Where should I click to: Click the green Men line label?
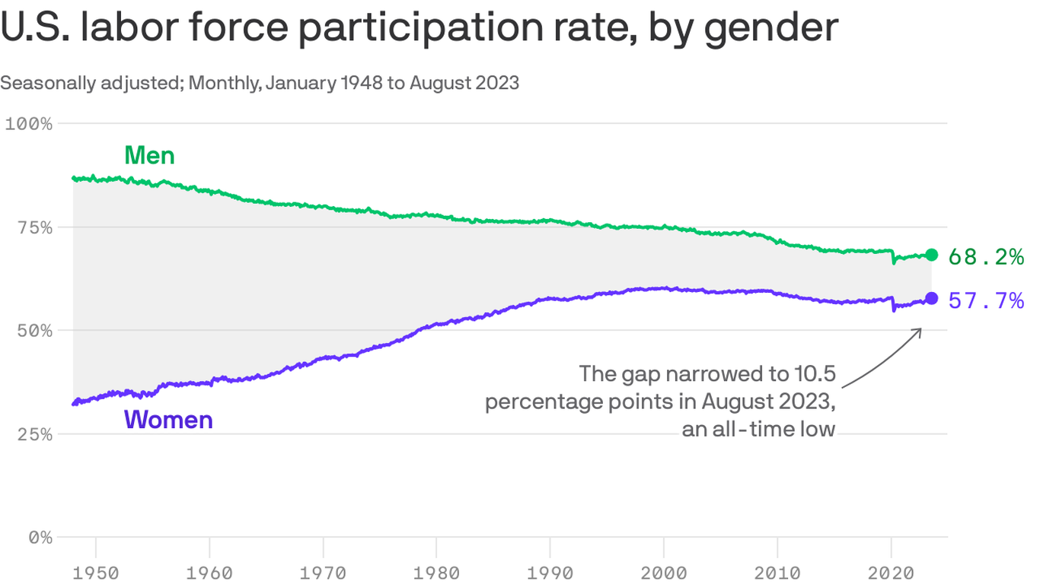pyautogui.click(x=149, y=156)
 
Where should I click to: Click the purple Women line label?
pyautogui.click(x=167, y=420)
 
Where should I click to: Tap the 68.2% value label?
pyautogui.click(x=986, y=257)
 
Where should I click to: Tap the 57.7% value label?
pyautogui.click(x=986, y=301)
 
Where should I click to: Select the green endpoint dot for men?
pyautogui.click(x=931, y=255)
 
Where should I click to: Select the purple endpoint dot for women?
pyautogui.click(x=931, y=298)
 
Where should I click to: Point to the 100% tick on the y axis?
pyautogui.click(x=29, y=123)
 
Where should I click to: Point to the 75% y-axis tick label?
pyautogui.click(x=33, y=227)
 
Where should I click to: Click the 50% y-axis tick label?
pyautogui.click(x=33, y=331)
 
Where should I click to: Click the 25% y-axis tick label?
pyautogui.click(x=33, y=434)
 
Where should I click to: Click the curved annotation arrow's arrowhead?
pyautogui.click(x=919, y=331)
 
